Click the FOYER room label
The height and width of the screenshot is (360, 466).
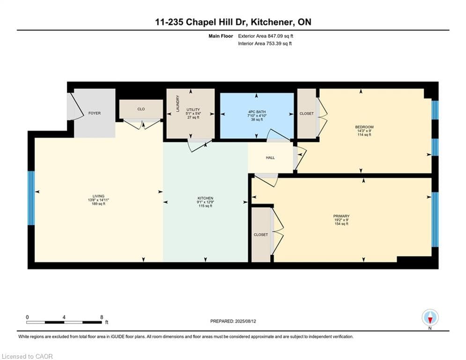pos(95,113)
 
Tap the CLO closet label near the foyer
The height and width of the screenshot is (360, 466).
pos(141,109)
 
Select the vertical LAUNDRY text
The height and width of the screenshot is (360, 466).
pos(178,104)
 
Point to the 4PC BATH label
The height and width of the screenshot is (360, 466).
pos(257,112)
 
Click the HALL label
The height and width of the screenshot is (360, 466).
pos(270,158)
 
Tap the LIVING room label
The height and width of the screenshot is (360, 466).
pos(98,196)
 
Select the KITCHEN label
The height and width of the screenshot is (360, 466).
pos(205,198)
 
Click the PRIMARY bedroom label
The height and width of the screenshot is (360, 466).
pos(341,216)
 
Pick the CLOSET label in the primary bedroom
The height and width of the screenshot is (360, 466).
pos(261,234)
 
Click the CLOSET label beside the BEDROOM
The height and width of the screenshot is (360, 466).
pos(306,113)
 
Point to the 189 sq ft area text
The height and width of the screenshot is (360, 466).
pos(98,204)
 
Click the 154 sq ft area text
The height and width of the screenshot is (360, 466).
pos(341,224)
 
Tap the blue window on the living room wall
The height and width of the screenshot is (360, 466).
pos(31,198)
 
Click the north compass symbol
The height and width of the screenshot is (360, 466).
pos(429,318)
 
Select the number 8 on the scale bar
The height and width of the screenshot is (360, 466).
pos(102,317)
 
